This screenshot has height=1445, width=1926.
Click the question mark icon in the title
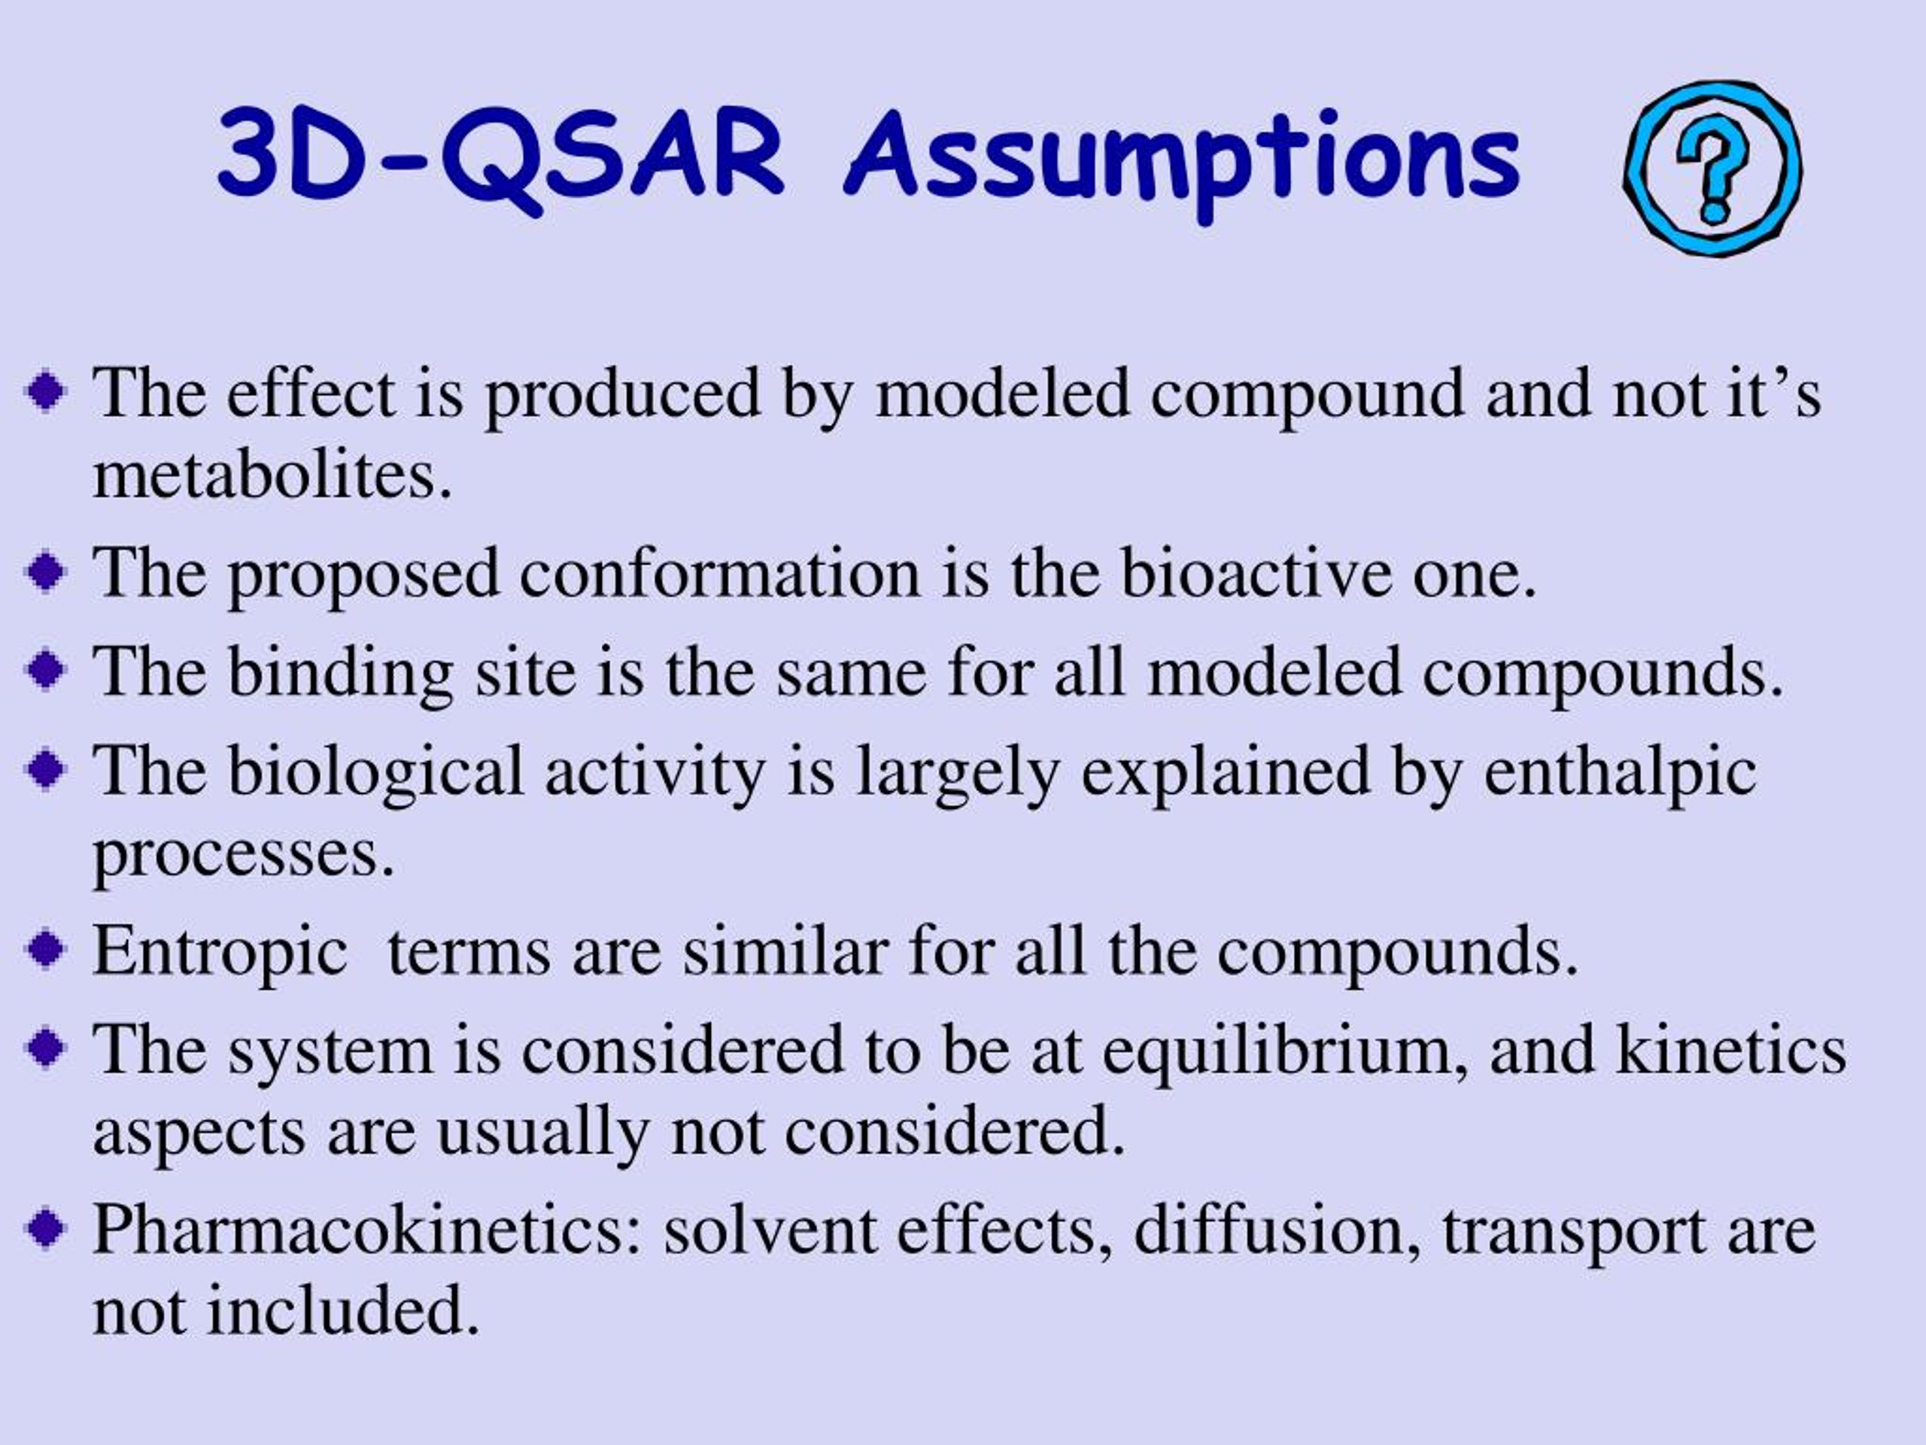click(x=1712, y=169)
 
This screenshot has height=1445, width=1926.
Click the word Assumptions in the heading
click(x=1183, y=166)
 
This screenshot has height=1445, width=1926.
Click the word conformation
click(x=720, y=573)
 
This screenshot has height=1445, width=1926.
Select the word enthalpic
click(x=1620, y=774)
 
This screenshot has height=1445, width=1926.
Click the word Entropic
click(x=220, y=953)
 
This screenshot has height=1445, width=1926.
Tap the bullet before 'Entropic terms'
click(x=46, y=951)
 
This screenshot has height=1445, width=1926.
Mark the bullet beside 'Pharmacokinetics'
click(x=46, y=1230)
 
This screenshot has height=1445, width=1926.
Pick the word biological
click(x=375, y=774)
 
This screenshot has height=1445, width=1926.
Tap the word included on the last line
click(x=343, y=1310)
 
